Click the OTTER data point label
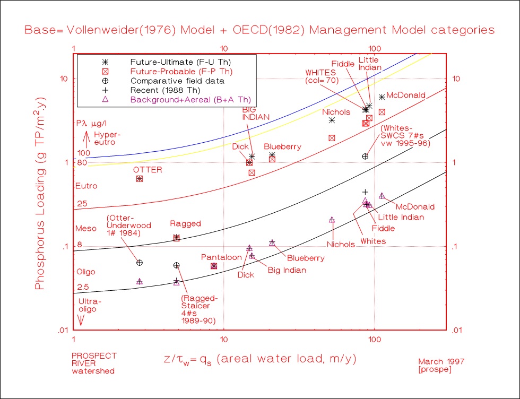148,170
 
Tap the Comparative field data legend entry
170,81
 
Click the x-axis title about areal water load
259,359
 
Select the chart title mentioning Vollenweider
259,30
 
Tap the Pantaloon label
221,257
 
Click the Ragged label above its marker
186,224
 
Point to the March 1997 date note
441,361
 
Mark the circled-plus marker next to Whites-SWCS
365,157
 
